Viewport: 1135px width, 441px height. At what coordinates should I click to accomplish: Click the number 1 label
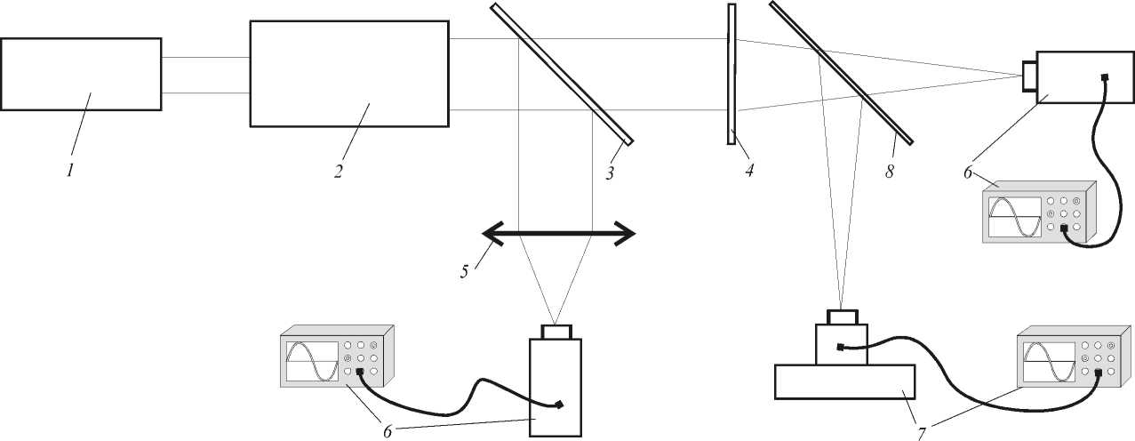coord(70,171)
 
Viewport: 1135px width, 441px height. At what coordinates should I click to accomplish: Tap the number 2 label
coord(339,171)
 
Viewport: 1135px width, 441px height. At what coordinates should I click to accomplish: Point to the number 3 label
coord(610,173)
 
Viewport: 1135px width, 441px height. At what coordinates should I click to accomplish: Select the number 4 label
coord(749,171)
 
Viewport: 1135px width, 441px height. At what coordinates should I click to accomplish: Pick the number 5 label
coord(465,270)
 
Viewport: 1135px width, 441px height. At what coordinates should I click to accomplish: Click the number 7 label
coord(923,432)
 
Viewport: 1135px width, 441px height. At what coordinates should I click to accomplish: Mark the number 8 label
coord(890,171)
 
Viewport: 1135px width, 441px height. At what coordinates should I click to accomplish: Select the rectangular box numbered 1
coord(81,74)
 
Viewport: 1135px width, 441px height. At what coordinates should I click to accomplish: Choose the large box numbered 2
coord(349,74)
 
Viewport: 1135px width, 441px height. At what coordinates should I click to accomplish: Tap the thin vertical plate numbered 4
coord(731,73)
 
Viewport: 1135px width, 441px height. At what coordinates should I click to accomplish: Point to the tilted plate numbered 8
coord(841,73)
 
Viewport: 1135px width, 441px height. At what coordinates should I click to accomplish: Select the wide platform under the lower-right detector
coord(845,381)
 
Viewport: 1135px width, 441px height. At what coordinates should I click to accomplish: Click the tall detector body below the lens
coord(556,388)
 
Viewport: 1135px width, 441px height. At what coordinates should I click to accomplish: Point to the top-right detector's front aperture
coord(1029,76)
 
